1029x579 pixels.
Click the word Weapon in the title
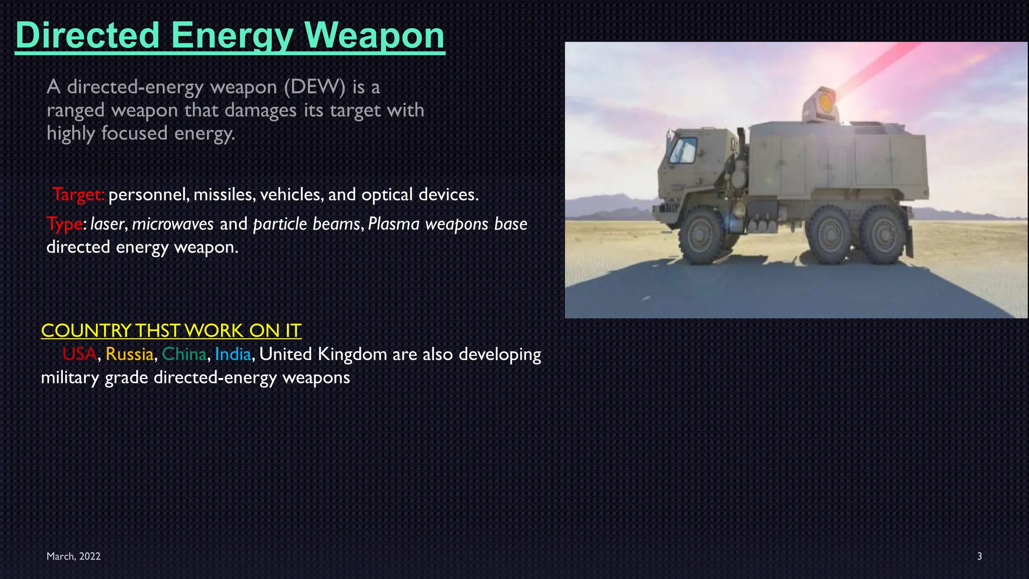(x=374, y=35)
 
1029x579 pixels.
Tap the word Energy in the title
(x=232, y=35)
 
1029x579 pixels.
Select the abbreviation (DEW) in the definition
(x=315, y=87)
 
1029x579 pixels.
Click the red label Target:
(x=78, y=194)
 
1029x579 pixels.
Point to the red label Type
(x=64, y=224)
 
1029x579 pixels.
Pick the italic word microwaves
(x=173, y=224)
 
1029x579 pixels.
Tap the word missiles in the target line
(x=224, y=195)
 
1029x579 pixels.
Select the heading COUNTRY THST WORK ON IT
(x=171, y=330)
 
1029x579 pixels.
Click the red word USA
(x=79, y=354)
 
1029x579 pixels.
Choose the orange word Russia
(x=129, y=354)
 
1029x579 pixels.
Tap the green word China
(x=184, y=354)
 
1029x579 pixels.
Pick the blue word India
(x=233, y=354)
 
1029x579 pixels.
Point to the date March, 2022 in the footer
(x=73, y=556)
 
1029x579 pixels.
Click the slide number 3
(x=979, y=556)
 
